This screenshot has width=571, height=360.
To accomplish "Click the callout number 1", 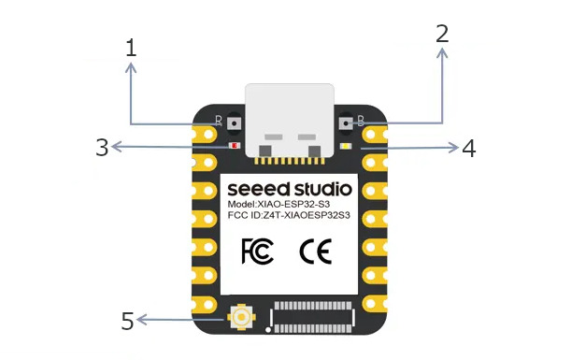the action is (131, 48).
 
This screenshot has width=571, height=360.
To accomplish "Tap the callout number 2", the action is (442, 34).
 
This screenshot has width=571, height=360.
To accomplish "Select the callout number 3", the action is (102, 147).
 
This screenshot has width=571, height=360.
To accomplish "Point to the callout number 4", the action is (469, 149).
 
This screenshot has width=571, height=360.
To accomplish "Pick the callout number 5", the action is (127, 321).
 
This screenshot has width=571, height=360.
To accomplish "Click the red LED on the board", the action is (235, 146).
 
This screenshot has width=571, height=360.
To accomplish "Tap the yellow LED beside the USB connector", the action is (346, 146).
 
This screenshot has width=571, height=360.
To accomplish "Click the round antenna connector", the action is (241, 317).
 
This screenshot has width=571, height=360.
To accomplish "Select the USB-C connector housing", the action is (290, 121).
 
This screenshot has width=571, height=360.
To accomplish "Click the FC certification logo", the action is (257, 251).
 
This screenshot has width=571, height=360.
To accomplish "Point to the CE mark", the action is (315, 252).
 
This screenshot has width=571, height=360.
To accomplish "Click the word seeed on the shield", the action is (259, 190).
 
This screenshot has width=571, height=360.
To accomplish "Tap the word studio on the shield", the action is (323, 189).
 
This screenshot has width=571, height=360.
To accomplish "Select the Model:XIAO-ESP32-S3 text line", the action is (278, 204).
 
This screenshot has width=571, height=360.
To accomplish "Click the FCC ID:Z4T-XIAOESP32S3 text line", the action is (289, 215).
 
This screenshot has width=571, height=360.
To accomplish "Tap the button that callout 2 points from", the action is (345, 123).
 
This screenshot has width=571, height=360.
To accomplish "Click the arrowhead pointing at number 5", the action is (141, 320).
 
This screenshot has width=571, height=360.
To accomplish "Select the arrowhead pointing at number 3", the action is (116, 147).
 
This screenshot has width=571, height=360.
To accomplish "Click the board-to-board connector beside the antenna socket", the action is (312, 317).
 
